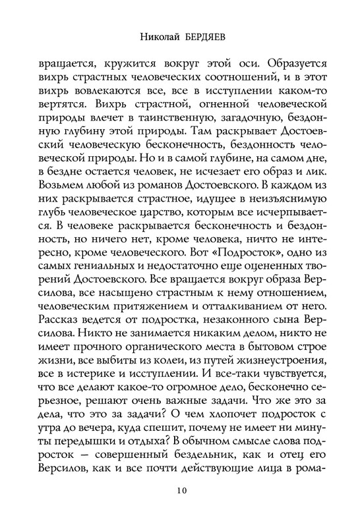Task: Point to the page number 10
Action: point(180,491)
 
